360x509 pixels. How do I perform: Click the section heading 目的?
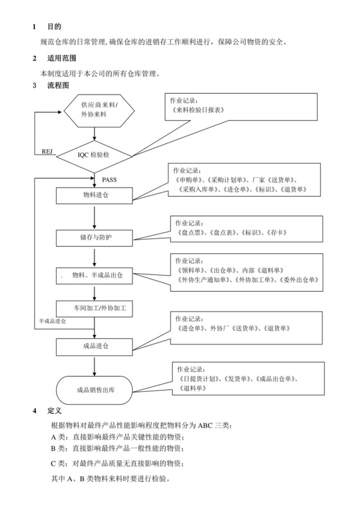coord(55,27)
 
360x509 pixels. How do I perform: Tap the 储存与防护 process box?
coord(95,237)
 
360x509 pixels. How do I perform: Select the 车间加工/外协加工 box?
coord(95,308)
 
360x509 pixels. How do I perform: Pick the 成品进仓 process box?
coord(95,346)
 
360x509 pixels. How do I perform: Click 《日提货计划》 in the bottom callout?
coord(201,380)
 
